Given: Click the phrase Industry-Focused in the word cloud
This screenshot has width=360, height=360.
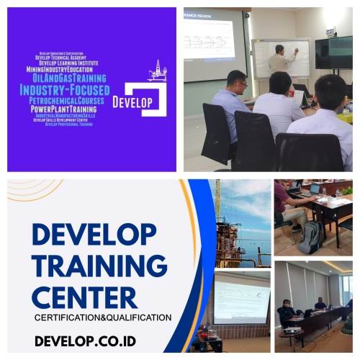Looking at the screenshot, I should pyautogui.click(x=65, y=90).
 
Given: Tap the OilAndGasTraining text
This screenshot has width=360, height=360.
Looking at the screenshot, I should pyautogui.click(x=70, y=78).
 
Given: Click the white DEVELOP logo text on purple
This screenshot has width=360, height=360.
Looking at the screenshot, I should pyautogui.click(x=132, y=102).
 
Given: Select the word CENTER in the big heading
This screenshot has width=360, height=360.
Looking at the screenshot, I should pyautogui.click(x=85, y=296).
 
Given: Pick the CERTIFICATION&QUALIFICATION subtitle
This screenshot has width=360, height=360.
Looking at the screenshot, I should pyautogui.click(x=103, y=317).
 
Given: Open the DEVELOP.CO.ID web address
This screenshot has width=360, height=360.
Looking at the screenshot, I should pyautogui.click(x=85, y=340).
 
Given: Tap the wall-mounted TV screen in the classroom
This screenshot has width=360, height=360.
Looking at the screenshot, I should pyautogui.click(x=333, y=52).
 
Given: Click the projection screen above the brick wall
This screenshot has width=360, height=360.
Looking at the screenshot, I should pyautogui.click(x=241, y=297).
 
